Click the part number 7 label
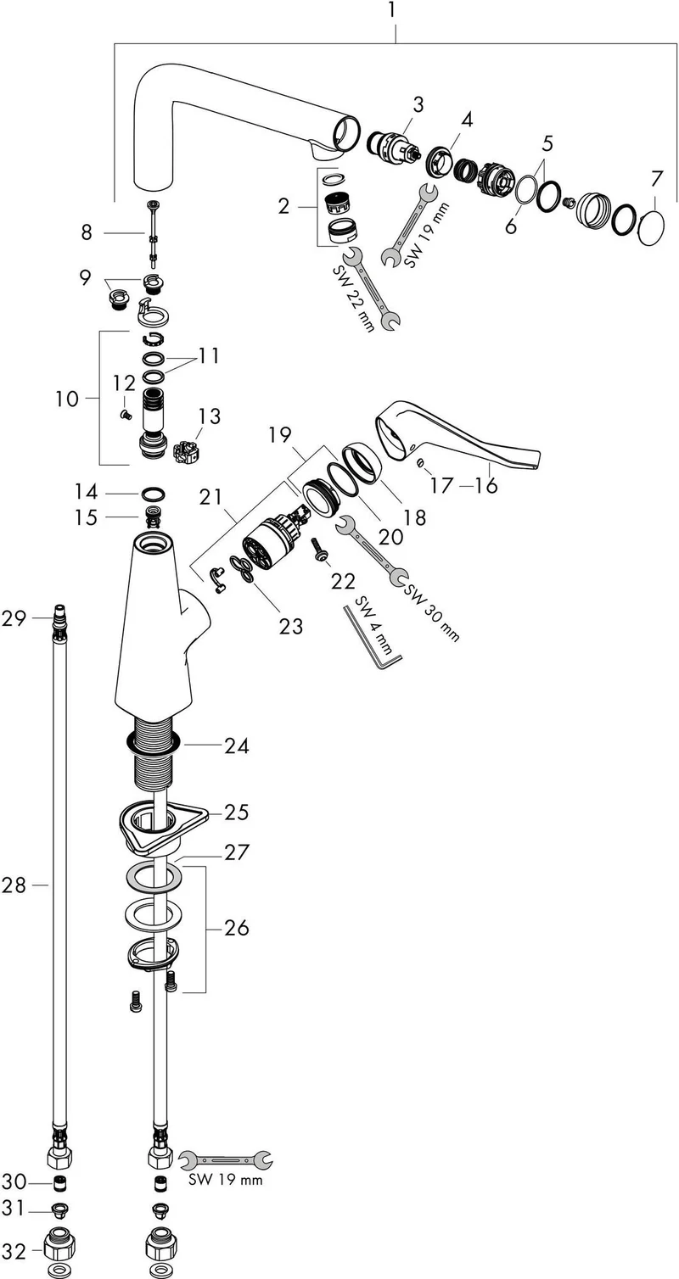point(656,179)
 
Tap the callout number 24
point(237,746)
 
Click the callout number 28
point(14,885)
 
